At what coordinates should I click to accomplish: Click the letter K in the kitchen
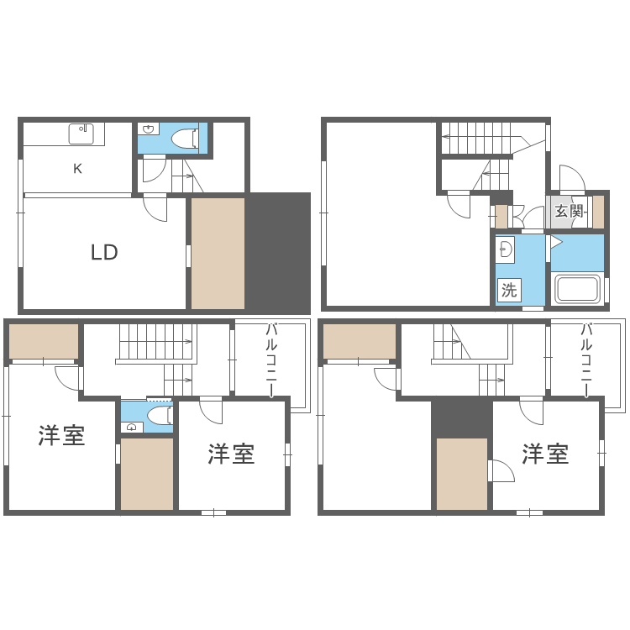77,168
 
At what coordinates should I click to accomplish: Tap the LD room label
104,252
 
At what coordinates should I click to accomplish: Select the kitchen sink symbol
81,134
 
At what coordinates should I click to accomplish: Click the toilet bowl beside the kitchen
186,139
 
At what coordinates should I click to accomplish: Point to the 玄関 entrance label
569,211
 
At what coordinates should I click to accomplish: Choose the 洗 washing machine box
509,290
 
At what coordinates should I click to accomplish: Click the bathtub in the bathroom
577,288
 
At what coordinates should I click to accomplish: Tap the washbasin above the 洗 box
505,250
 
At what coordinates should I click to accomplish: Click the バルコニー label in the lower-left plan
271,360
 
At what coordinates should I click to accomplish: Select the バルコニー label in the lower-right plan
586,360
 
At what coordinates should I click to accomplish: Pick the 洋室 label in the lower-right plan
545,454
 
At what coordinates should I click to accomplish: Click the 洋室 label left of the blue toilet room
61,435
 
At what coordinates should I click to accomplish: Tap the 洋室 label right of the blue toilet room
231,454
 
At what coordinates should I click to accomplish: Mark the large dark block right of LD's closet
278,254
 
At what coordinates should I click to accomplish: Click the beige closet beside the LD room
218,254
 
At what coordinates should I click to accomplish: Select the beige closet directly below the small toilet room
147,474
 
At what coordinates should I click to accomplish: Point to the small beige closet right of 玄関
598,212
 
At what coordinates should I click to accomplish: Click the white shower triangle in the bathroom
556,242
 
